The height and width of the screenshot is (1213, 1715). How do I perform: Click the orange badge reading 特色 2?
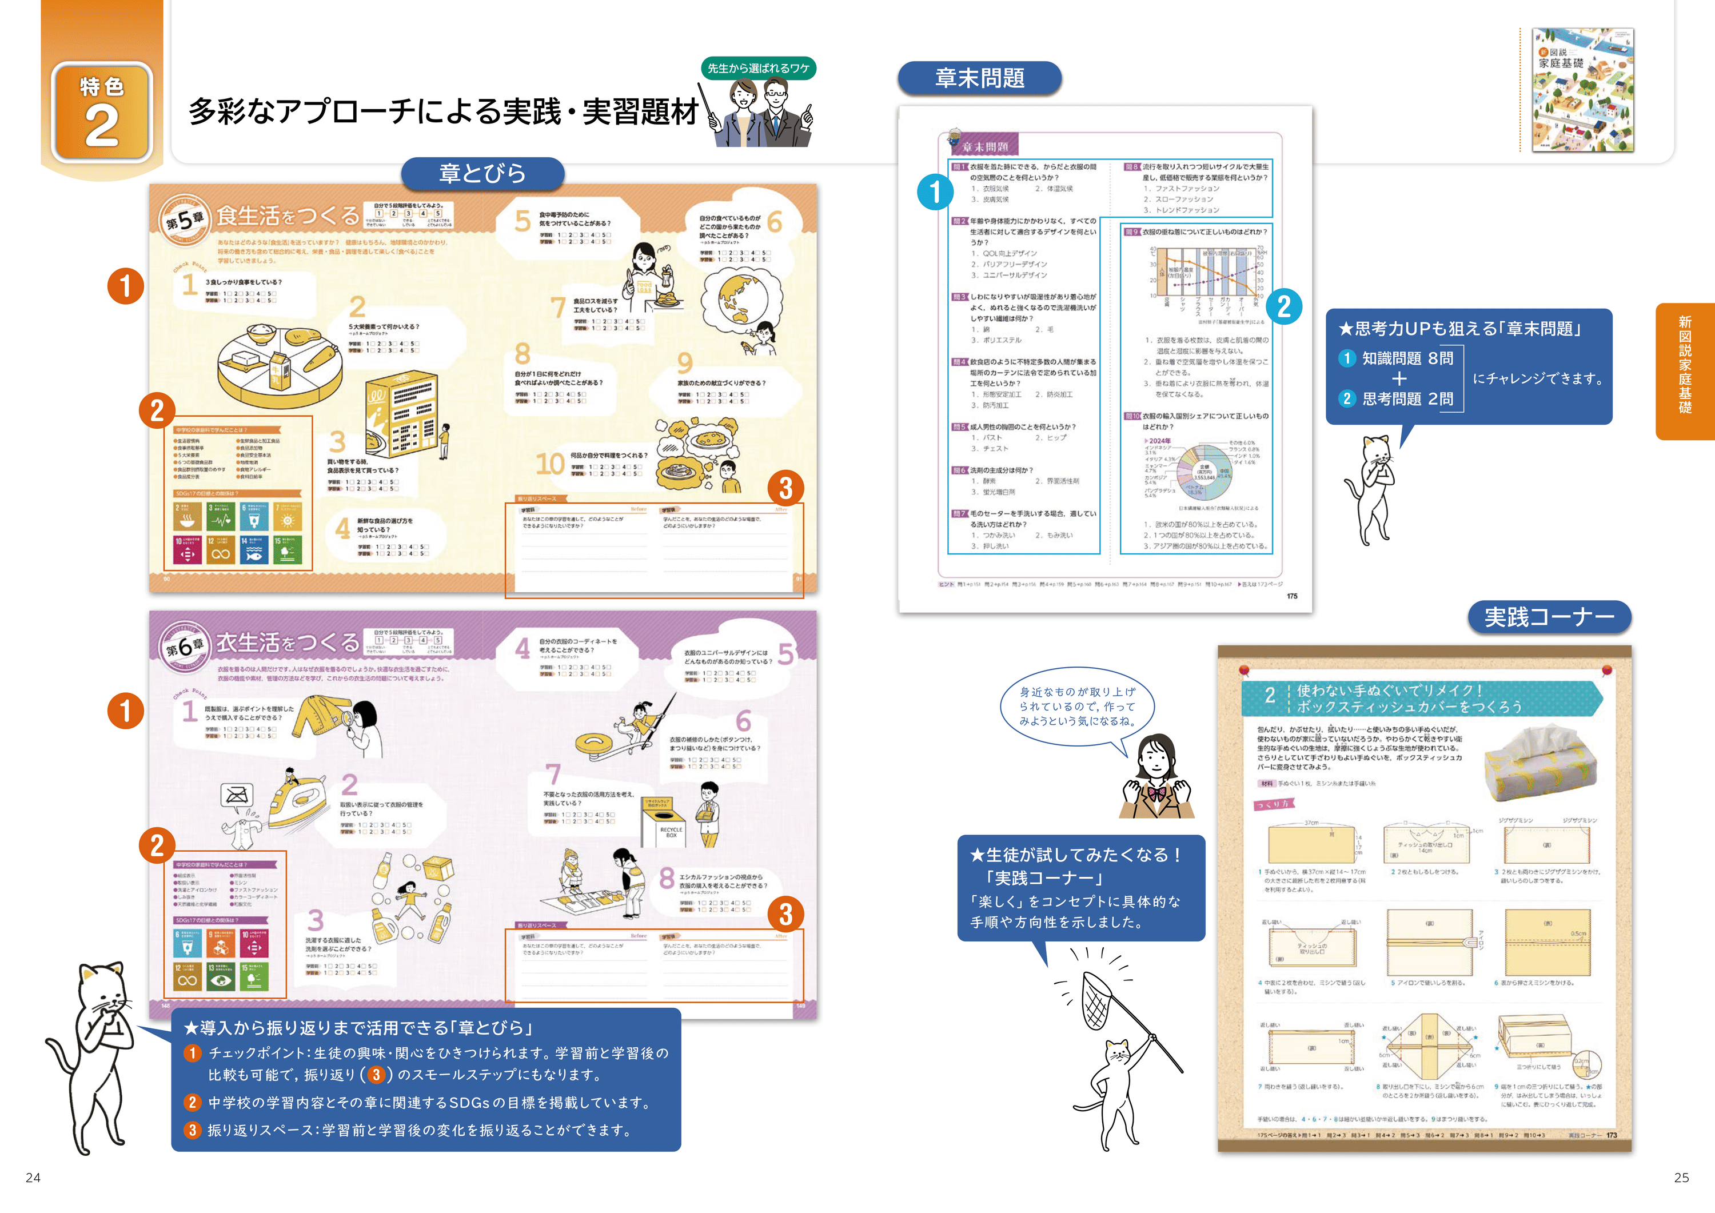[x=102, y=112]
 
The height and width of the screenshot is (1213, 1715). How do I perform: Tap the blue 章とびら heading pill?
[x=482, y=173]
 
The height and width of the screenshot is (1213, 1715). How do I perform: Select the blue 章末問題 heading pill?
[x=979, y=78]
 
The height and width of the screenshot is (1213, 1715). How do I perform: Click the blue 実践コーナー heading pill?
[x=1549, y=617]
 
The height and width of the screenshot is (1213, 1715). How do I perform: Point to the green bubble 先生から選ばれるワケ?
[x=758, y=68]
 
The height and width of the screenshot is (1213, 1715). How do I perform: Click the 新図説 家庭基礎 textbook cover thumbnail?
[x=1582, y=90]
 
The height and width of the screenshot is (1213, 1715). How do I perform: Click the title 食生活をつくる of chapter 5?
[x=288, y=217]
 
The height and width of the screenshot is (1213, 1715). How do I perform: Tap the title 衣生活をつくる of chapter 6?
[x=288, y=643]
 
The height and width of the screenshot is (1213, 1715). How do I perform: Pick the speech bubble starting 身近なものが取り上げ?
[x=1077, y=707]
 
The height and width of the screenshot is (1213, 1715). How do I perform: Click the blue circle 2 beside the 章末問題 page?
[x=1284, y=306]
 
